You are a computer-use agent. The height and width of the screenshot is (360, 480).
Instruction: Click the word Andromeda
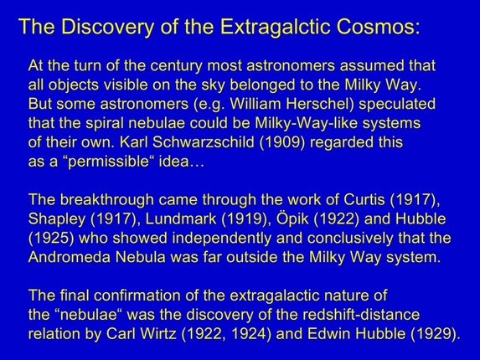point(69,257)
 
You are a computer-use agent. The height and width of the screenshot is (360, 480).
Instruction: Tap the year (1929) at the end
point(433,333)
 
